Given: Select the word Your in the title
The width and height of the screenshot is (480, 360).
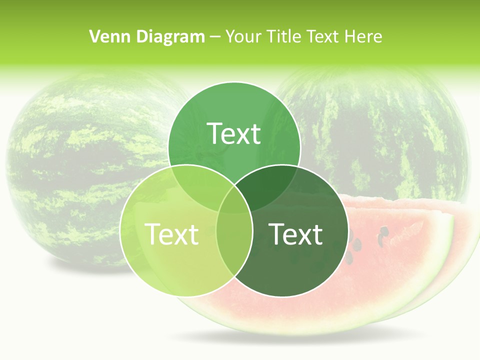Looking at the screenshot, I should pos(245,36).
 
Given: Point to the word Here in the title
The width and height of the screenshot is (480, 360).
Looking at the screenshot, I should pos(364,36).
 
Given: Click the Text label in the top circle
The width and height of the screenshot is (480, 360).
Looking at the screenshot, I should pos(234,133).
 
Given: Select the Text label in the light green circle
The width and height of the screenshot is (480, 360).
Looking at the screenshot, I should pos(171,234).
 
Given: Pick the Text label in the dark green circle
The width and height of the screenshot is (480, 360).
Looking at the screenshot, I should pos(296,234).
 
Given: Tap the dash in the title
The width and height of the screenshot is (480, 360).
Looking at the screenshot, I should pos(215,36).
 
